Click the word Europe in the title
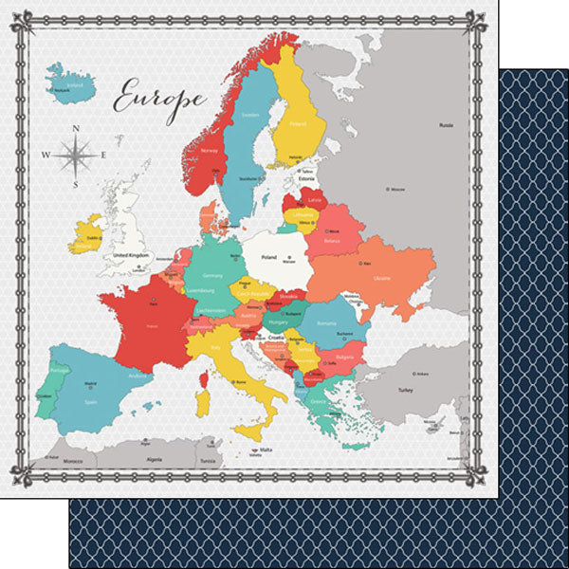[158, 97]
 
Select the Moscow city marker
[387, 190]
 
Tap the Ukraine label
[381, 279]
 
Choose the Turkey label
[406, 390]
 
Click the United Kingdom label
[130, 255]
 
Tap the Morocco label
[73, 463]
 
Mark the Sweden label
[251, 115]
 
